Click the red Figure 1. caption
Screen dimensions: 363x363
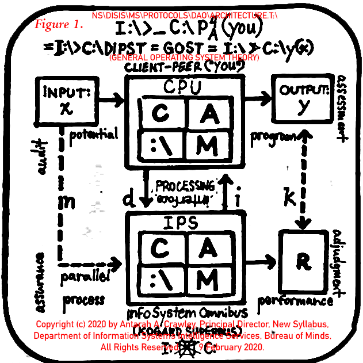point(59,25)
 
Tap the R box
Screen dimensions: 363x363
point(303,262)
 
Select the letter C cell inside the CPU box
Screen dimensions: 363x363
point(161,113)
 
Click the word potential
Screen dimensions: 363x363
point(93,135)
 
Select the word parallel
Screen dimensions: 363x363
point(85,277)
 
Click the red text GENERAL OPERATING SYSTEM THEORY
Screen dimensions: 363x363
point(184,58)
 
